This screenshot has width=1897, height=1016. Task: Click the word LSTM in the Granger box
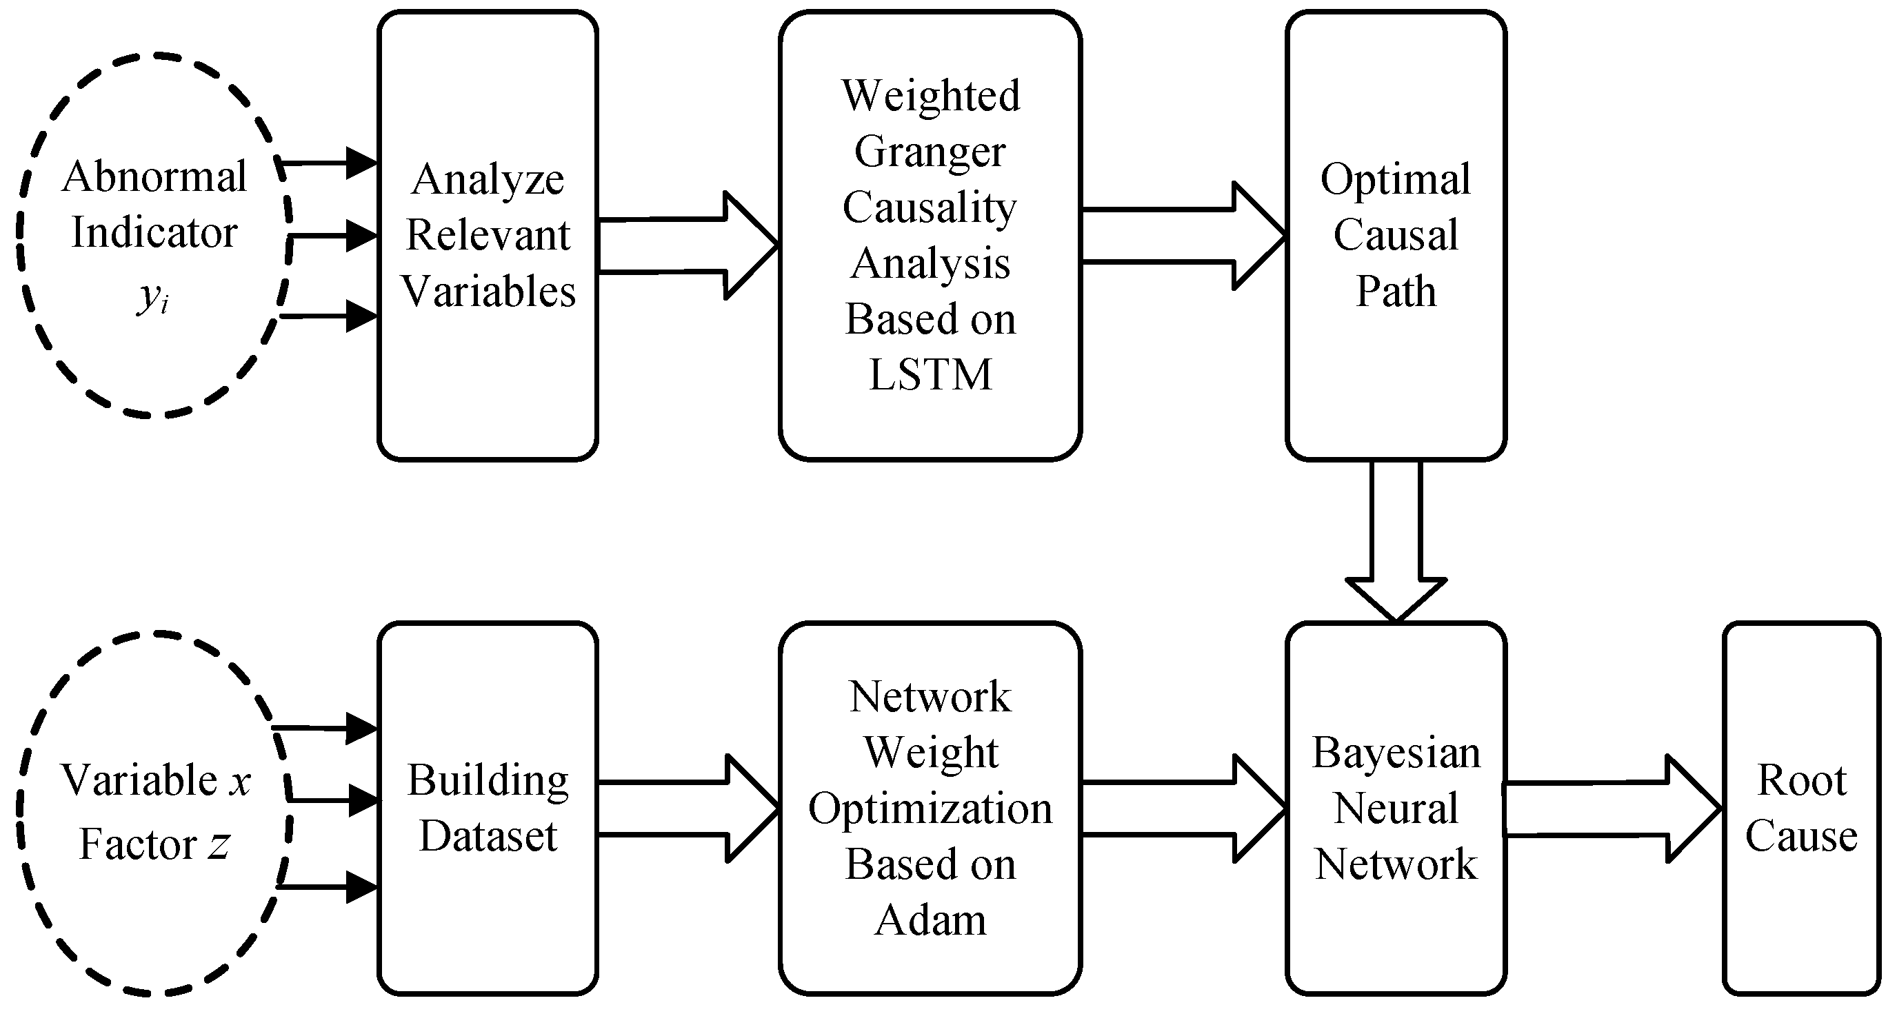930,374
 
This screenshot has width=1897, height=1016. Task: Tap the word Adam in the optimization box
930,920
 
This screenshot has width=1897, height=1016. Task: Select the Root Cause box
1800,808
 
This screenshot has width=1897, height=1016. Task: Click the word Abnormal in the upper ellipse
154,176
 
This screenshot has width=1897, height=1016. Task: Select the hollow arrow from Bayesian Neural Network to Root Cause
1613,809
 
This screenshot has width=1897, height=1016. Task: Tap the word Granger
930,152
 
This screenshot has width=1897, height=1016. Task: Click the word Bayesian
1396,753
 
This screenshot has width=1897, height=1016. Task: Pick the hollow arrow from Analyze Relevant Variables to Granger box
689,245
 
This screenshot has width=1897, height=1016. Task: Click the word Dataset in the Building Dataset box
488,835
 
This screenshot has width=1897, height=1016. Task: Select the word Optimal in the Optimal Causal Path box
1395,179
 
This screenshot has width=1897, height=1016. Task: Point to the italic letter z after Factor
218,844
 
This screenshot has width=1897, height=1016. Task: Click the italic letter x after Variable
239,780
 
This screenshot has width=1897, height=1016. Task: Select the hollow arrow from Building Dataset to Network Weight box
689,809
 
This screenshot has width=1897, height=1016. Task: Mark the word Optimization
930,809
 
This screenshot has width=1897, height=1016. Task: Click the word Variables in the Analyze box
488,291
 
